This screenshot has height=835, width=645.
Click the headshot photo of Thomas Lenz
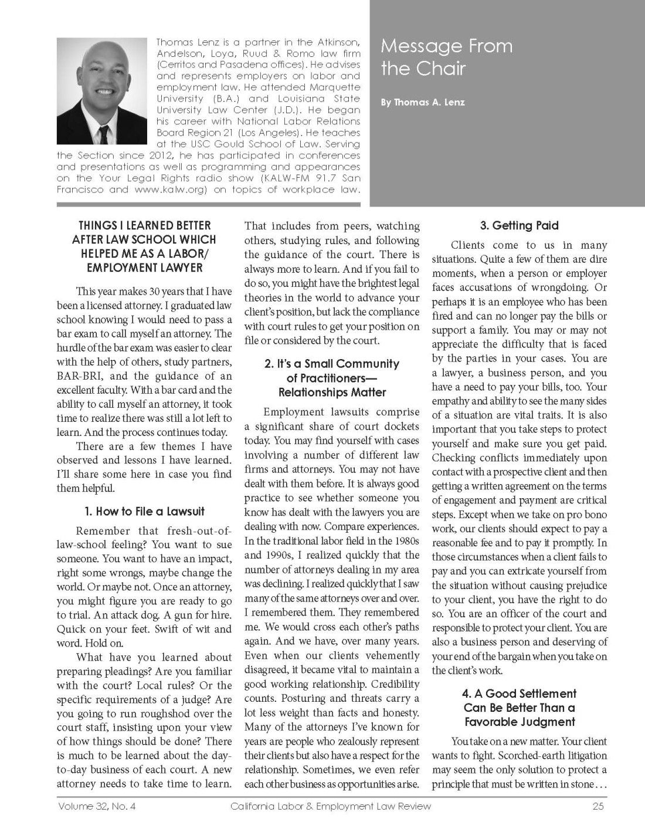(x=102, y=92)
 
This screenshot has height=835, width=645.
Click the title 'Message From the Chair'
(x=447, y=57)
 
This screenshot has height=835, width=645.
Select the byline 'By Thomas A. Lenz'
(x=422, y=102)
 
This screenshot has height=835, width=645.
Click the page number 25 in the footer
(x=598, y=806)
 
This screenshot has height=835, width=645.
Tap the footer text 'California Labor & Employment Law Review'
(x=331, y=806)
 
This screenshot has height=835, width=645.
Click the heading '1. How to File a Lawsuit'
(x=144, y=511)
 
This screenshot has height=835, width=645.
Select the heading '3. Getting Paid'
(x=520, y=225)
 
